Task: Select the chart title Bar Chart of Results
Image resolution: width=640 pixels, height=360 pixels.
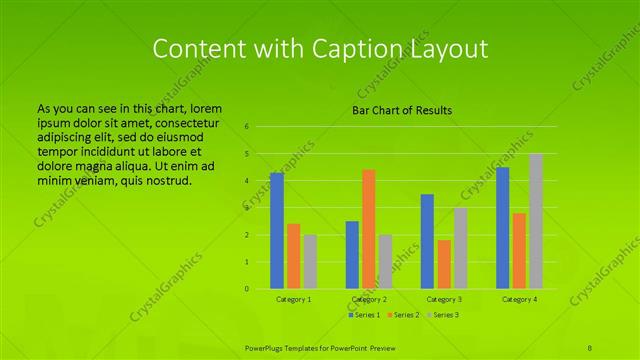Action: click(402, 110)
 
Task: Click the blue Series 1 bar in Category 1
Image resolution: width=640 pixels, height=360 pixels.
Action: click(277, 230)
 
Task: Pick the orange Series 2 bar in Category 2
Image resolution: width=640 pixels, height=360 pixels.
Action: click(369, 229)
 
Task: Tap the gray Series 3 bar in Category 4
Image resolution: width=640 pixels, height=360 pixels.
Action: click(536, 221)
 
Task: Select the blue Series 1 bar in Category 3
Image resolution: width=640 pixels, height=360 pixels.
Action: click(427, 241)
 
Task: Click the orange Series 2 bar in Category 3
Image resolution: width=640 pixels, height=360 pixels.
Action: click(444, 264)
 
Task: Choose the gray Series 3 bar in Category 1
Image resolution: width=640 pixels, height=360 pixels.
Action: click(310, 261)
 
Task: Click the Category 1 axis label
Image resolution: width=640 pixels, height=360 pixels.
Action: click(293, 299)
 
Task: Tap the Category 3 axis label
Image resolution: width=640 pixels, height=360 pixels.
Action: click(444, 299)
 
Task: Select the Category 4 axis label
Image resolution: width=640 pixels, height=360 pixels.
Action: click(519, 299)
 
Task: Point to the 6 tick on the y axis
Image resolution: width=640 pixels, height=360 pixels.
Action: click(246, 127)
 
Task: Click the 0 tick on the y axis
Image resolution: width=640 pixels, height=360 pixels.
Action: click(246, 289)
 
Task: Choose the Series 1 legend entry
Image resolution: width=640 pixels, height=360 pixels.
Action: click(364, 315)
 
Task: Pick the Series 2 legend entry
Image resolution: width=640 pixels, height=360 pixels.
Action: click(404, 315)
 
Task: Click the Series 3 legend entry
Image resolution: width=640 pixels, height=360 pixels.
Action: click(443, 315)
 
